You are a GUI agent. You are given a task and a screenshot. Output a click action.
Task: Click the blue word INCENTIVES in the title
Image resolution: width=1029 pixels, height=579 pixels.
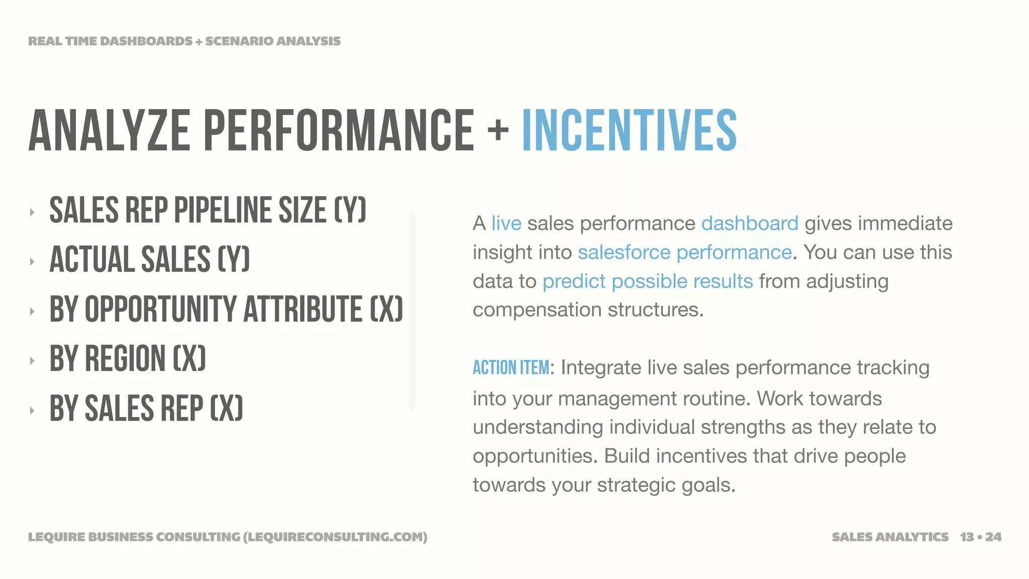coord(630,131)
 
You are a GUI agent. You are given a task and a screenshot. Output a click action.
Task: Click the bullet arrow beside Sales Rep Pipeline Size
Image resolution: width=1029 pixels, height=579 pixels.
coord(32,212)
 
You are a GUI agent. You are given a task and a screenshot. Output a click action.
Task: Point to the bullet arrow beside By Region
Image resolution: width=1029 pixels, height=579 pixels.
coord(32,360)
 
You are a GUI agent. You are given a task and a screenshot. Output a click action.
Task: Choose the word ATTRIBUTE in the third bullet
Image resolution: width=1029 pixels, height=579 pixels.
coord(303,309)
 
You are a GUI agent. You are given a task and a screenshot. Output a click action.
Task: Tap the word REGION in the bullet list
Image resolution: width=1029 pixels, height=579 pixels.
coord(125,359)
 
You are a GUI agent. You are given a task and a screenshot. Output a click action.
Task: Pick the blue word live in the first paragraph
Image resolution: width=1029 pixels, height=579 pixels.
coord(506,223)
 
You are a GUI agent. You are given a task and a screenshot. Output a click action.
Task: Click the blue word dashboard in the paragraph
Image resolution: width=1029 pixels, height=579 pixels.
coord(750,223)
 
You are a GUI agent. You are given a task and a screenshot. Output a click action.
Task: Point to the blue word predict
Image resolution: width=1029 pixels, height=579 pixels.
coord(574,281)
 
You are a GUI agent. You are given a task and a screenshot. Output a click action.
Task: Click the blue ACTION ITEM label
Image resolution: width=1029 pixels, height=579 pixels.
coord(511,368)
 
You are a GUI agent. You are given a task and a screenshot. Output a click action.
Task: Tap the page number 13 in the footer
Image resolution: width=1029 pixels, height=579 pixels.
coord(967,537)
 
